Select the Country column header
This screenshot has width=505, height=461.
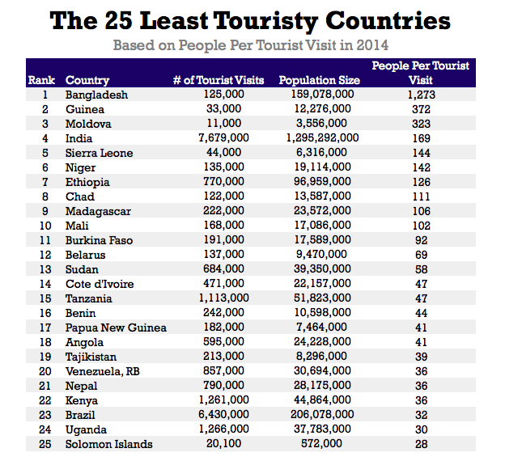pos(87,80)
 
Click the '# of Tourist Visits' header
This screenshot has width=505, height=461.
pos(219,80)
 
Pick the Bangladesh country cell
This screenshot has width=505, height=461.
pos(96,95)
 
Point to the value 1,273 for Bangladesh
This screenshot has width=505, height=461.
pos(421,95)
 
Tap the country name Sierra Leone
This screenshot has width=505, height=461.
pos(99,153)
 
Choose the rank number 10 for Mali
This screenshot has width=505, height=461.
pos(45,226)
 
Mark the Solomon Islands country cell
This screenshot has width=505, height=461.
pos(108,444)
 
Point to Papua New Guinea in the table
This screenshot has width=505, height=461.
pos(116,328)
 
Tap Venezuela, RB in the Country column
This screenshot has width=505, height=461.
pos(103,371)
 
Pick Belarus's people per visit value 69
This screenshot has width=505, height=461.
pos(421,255)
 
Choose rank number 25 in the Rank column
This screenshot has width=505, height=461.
pos(45,444)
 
